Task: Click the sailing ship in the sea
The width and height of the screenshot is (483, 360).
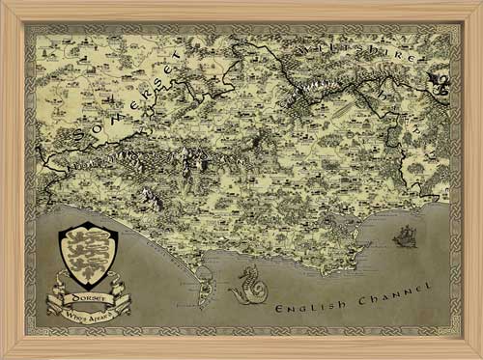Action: point(406,235)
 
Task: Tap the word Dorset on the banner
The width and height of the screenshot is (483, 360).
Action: point(88,299)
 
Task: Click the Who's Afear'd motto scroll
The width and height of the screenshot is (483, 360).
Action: point(89,315)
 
